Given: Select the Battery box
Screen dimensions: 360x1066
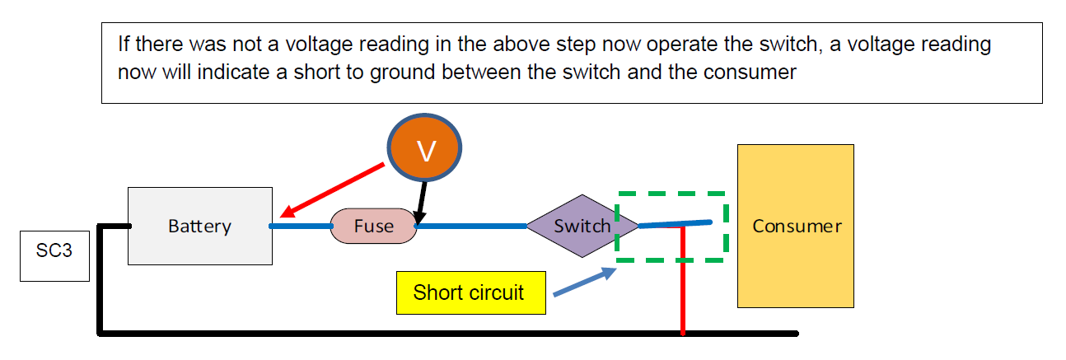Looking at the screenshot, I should pos(200,226).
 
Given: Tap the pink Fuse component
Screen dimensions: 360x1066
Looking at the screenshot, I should pos(374,226).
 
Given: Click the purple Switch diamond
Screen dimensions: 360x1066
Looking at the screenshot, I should pos(582,226).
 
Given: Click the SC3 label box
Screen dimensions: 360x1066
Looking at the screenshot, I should pos(54,250).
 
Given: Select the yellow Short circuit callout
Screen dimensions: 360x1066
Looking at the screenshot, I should pos(470,292).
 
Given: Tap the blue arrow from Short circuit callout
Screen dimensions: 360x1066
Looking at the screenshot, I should pos(584,282).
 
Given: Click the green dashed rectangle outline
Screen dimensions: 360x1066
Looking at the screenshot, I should pos(671,194).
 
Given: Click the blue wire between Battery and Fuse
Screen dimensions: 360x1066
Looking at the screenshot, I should pos(301,225).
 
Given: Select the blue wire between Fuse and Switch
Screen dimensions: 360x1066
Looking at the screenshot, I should pos(471,225).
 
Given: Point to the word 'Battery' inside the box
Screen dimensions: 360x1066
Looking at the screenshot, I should pos(199,226).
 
